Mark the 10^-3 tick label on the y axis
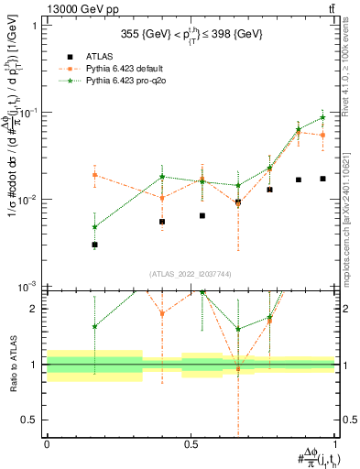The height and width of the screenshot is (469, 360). pos(25,287)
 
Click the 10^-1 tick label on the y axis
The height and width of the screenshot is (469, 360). pos(25,112)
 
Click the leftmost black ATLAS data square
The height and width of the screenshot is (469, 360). pos(94,245)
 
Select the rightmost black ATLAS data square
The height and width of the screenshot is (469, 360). pos(322,179)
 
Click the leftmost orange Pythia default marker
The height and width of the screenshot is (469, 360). pos(94,175)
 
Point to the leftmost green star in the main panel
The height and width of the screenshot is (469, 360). pos(94,227)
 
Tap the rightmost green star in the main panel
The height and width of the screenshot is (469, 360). pos(322,117)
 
